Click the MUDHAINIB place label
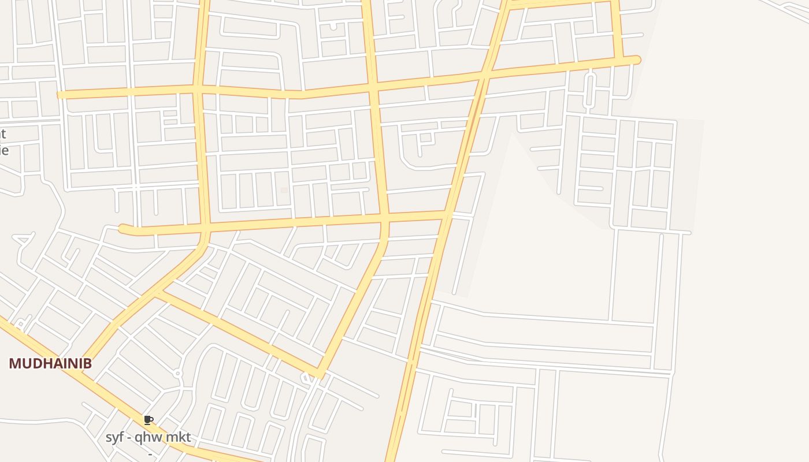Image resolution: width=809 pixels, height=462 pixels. [50, 363]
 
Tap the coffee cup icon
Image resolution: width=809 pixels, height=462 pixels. [149, 420]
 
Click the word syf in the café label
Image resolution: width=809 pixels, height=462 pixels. [114, 438]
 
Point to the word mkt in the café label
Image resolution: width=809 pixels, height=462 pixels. [178, 438]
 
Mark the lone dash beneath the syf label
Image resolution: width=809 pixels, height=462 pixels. [150, 454]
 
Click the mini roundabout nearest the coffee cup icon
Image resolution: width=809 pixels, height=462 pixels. [177, 374]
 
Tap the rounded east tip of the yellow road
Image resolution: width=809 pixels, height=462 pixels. [637, 59]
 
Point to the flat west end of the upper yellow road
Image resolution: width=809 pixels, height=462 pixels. [60, 94]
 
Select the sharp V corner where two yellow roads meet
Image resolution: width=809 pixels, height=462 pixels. [320, 374]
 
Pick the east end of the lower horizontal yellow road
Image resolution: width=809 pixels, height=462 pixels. [446, 215]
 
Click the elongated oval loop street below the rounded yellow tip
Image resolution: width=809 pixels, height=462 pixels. [589, 90]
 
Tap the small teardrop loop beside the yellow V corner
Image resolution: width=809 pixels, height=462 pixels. [305, 378]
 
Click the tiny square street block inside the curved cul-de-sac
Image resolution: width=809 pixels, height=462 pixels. [426, 137]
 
